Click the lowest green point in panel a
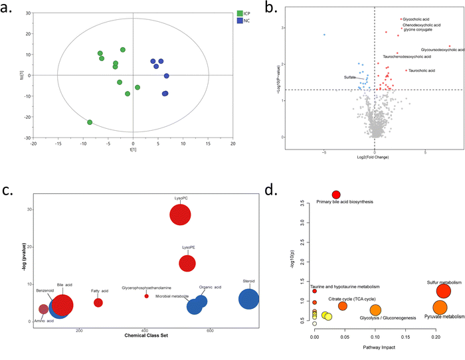pos(90,122)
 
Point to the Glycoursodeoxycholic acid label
pos(440,50)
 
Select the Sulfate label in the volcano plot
pos(349,78)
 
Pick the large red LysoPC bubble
pos(181,215)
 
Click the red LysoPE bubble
pos(187,263)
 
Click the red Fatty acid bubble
pos(98,302)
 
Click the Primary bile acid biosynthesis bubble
pos(336,195)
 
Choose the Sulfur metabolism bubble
pos(444,291)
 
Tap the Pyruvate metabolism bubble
pos(440,308)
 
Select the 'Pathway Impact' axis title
pos(380,347)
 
